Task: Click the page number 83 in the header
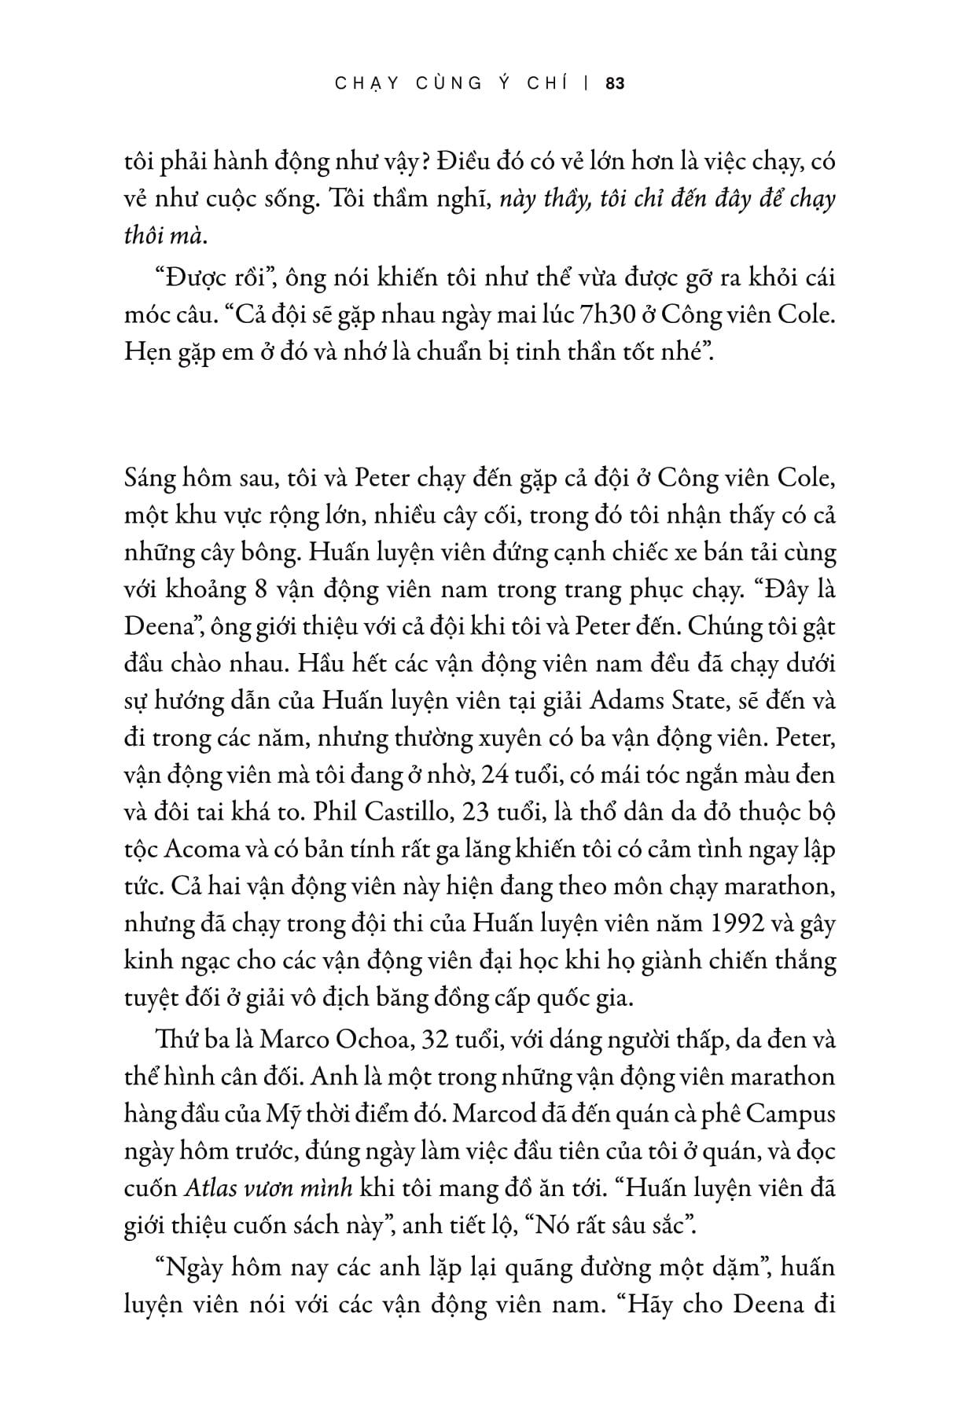tap(616, 83)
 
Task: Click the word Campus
tap(788, 1114)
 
